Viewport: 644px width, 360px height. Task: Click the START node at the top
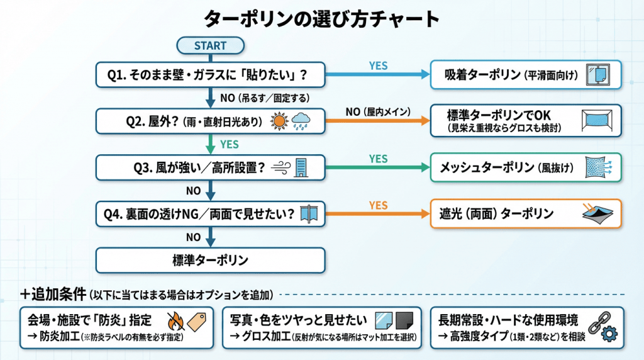tap(209, 45)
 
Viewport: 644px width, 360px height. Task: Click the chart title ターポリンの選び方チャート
tap(321, 19)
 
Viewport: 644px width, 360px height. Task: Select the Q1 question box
tap(210, 76)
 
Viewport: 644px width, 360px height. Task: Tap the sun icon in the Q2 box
tap(279, 121)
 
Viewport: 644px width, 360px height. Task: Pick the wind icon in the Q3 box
tap(280, 167)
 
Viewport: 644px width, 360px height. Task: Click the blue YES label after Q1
tap(378, 65)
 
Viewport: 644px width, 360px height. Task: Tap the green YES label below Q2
tap(229, 144)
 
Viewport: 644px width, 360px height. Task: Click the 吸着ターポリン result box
tap(525, 76)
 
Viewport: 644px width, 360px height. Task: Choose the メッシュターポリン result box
tap(525, 167)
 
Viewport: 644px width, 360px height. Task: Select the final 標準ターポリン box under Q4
tap(210, 260)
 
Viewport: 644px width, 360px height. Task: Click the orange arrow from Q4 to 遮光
tap(377, 214)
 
